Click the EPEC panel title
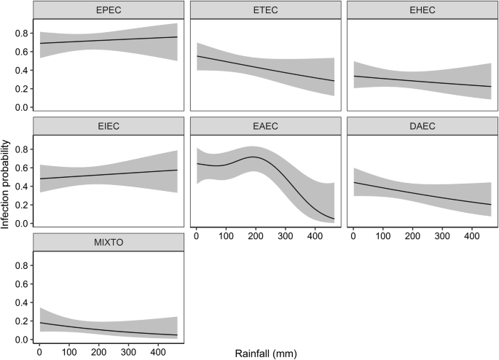point(108,9)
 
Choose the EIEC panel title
point(108,125)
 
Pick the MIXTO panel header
point(108,241)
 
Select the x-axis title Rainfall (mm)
point(265,353)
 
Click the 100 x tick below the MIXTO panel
point(69,353)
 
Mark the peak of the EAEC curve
point(252,157)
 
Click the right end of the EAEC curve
point(334,219)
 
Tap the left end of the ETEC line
point(197,56)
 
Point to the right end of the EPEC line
point(177,36)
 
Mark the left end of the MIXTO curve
point(40,322)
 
